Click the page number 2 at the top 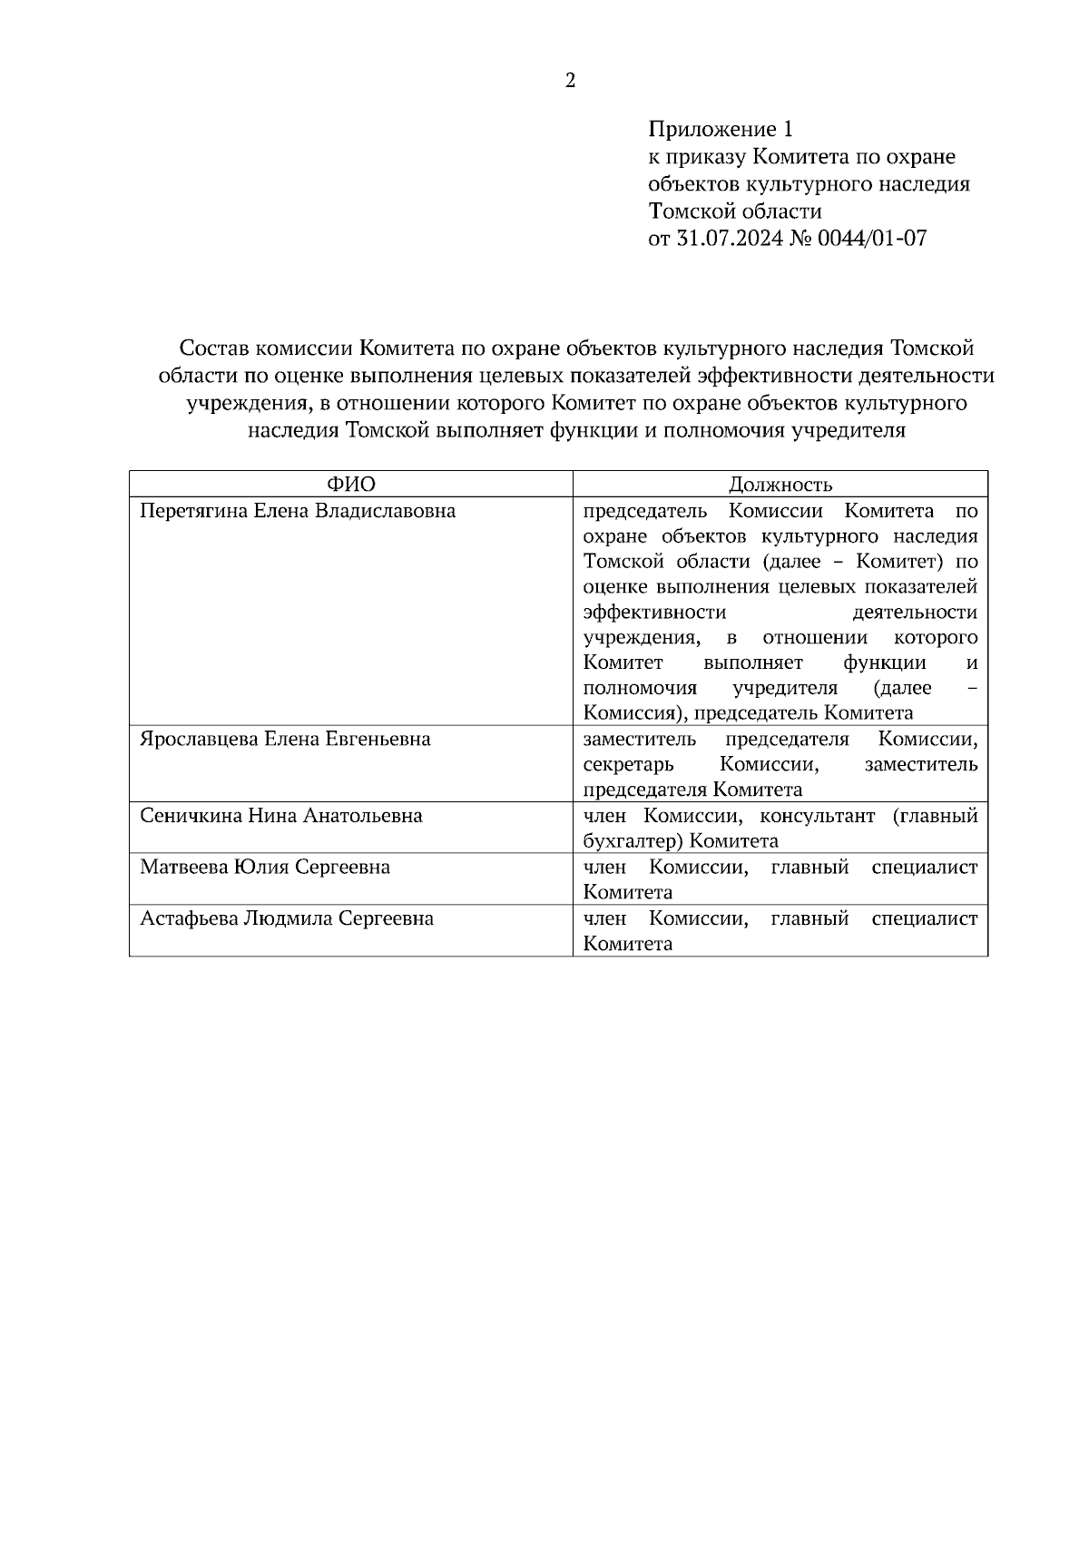[x=570, y=81]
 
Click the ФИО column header [x=350, y=485]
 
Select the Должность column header [x=780, y=485]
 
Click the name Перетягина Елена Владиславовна [x=298, y=511]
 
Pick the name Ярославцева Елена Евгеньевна [x=285, y=739]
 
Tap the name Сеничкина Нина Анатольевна [x=281, y=815]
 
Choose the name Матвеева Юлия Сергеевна [x=265, y=867]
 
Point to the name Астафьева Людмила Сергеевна [x=287, y=918]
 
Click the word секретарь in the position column [x=629, y=764]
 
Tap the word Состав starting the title [x=214, y=348]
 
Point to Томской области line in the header [x=735, y=211]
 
